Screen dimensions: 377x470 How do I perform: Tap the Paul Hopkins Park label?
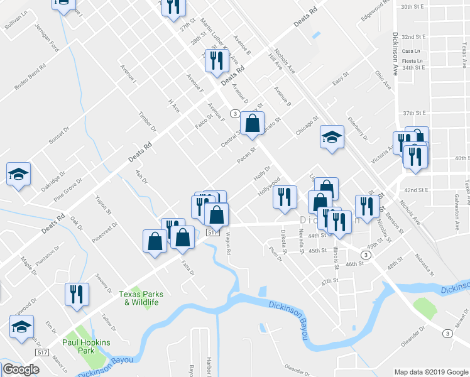click(86, 347)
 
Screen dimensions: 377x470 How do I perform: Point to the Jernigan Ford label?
click(47, 38)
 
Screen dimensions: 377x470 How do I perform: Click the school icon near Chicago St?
click(332, 137)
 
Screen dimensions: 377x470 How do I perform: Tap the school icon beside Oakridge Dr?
click(18, 173)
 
